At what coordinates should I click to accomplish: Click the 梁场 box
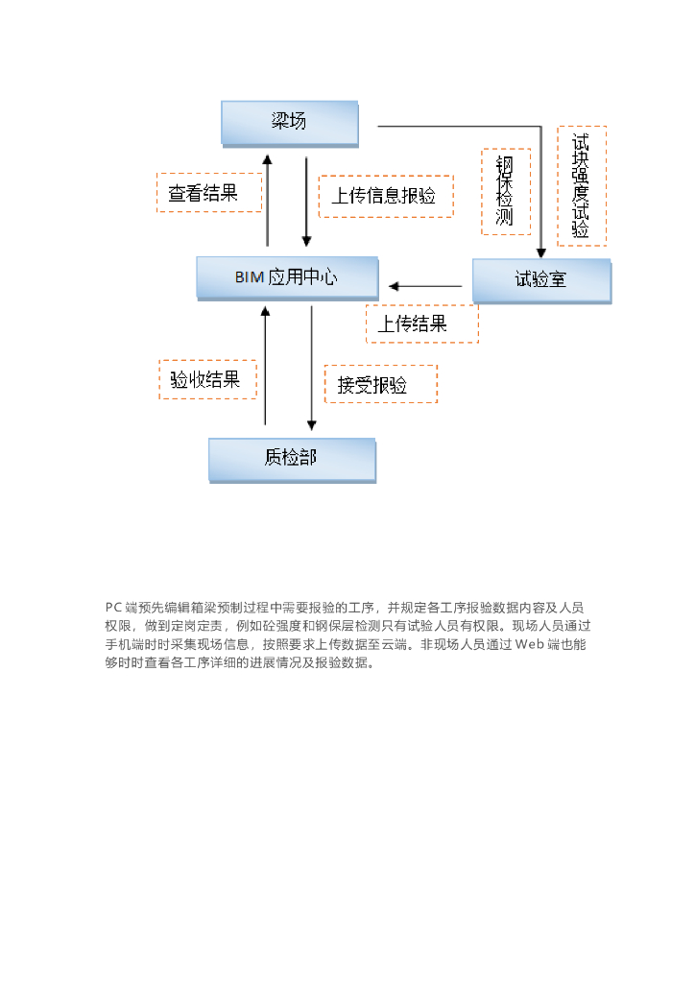coord(290,123)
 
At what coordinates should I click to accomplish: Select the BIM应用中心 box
coord(286,277)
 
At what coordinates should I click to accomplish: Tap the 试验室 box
coord(541,280)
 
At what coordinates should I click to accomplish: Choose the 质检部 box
coord(292,459)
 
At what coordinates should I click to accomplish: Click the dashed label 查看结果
coord(209,193)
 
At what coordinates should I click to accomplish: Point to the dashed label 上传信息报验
coord(385,196)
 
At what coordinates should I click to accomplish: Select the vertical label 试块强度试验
coord(581,186)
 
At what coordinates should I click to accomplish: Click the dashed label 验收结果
coord(207,379)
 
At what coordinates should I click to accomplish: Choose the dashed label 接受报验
coord(380,384)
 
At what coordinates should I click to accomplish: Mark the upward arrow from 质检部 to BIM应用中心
coord(266,365)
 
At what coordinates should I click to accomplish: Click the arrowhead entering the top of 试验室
coord(541,252)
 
